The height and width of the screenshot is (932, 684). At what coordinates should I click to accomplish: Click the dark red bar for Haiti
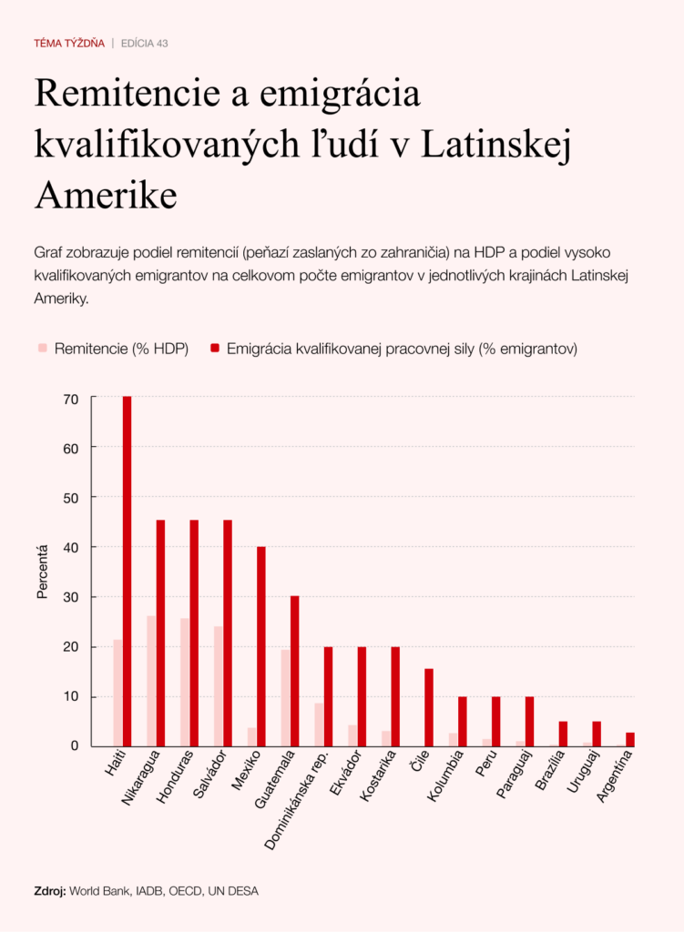pyautogui.click(x=127, y=571)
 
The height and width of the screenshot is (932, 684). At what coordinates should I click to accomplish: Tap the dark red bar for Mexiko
pyautogui.click(x=261, y=646)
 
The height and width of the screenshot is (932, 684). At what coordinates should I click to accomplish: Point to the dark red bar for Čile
pyautogui.click(x=429, y=707)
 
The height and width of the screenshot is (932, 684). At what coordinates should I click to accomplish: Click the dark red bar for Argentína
pyautogui.click(x=630, y=739)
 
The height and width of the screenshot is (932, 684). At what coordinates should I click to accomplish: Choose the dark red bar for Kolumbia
pyautogui.click(x=463, y=721)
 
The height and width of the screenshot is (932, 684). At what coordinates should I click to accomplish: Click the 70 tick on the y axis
pyautogui.click(x=72, y=398)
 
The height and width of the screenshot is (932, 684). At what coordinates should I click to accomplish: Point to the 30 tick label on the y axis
pyautogui.click(x=72, y=597)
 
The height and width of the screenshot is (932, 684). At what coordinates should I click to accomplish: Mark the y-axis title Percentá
pyautogui.click(x=42, y=572)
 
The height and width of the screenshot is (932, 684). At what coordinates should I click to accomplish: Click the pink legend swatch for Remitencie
pyautogui.click(x=42, y=348)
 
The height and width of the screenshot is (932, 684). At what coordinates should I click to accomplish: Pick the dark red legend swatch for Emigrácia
pyautogui.click(x=214, y=348)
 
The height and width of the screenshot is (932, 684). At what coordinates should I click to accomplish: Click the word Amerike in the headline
pyautogui.click(x=105, y=195)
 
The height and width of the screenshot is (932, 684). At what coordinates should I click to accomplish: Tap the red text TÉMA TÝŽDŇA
pyautogui.click(x=69, y=43)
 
